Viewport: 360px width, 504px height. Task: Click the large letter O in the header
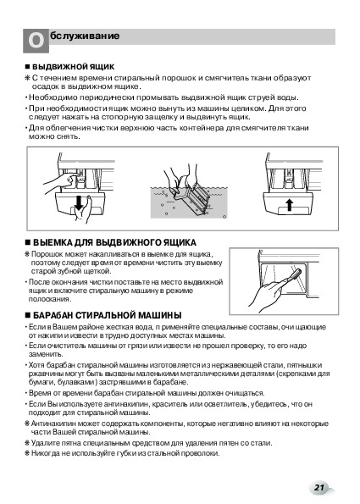click(36, 41)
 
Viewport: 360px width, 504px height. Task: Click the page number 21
click(318, 487)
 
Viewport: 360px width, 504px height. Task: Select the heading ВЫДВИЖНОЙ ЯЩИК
click(74, 67)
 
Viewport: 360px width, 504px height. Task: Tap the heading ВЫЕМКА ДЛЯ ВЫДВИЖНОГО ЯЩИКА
click(114, 242)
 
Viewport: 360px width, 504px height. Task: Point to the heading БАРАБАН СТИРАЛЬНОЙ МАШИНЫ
click(108, 315)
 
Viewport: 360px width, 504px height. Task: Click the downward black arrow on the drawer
click(79, 202)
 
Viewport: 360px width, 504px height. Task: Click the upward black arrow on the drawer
click(290, 204)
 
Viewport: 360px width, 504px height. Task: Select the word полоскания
click(50, 299)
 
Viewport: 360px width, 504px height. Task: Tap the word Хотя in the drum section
click(36, 365)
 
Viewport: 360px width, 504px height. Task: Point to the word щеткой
click(100, 271)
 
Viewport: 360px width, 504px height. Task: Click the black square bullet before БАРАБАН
click(27, 315)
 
